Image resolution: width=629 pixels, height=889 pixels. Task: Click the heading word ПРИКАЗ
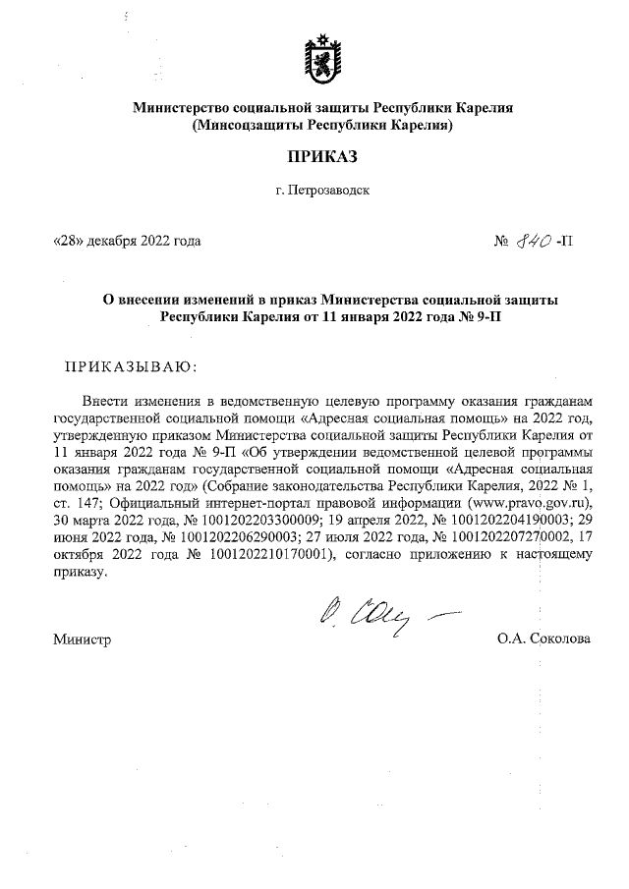[323, 156]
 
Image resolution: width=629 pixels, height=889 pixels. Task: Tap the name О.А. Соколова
[543, 639]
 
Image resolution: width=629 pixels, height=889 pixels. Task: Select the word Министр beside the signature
[82, 639]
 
